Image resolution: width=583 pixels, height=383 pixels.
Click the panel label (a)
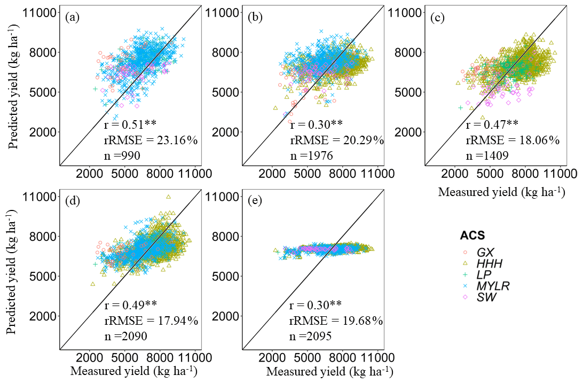click(x=72, y=18)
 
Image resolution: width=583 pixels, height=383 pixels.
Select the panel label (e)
click(x=255, y=201)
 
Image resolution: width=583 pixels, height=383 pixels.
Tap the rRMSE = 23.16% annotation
click(x=151, y=140)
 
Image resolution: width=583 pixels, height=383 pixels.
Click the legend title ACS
click(x=472, y=236)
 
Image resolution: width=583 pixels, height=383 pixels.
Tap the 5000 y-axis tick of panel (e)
click(x=224, y=277)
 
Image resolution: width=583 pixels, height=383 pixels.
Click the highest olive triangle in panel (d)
click(x=168, y=197)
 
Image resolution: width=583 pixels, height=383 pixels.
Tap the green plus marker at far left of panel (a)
click(x=95, y=89)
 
